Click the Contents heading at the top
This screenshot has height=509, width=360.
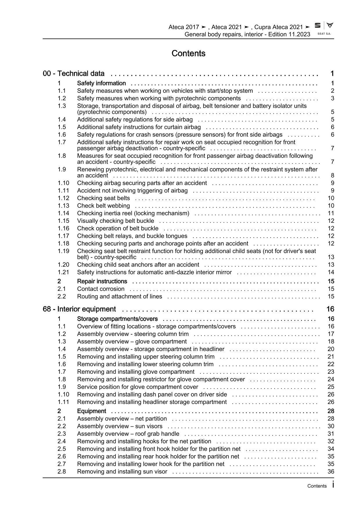[188, 53]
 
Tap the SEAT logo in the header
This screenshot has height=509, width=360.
[318, 26]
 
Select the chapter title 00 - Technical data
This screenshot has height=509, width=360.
[74, 73]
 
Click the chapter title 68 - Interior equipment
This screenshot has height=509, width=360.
[79, 309]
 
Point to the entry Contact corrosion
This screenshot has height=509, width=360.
[101, 289]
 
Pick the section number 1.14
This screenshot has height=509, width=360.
[63, 213]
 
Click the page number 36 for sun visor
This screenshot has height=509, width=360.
[331, 472]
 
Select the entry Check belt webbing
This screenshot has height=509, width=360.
[103, 206]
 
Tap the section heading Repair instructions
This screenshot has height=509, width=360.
[102, 281]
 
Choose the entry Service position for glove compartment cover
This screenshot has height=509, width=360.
[138, 387]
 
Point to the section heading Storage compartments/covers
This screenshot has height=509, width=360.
[117, 319]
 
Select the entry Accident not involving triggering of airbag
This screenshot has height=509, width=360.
[132, 191]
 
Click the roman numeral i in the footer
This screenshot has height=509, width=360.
[333, 485]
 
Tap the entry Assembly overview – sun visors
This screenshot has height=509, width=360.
[120, 426]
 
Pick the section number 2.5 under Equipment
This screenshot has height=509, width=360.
[62, 449]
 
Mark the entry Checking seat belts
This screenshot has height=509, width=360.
[103, 198]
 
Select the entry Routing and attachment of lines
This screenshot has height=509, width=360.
[120, 296]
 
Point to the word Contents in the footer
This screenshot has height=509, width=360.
[317, 486]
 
